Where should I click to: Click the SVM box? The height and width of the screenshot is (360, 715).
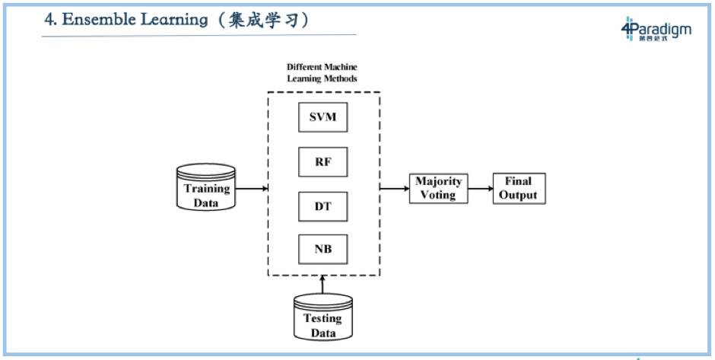[323, 119]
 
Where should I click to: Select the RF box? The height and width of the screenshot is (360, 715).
[323, 161]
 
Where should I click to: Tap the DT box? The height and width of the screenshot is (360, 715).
[323, 205]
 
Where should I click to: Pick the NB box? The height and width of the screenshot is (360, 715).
[323, 248]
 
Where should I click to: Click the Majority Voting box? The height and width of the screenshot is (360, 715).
[438, 188]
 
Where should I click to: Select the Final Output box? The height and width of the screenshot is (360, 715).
[520, 188]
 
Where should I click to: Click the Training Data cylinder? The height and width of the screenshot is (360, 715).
[205, 187]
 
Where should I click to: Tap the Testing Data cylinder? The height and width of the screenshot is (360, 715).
[323, 318]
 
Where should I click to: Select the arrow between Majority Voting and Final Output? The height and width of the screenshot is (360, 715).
[480, 188]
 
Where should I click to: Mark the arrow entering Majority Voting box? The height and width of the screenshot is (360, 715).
[396, 188]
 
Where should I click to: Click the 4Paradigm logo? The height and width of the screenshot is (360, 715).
[656, 30]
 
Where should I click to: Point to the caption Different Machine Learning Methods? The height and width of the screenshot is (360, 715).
[322, 73]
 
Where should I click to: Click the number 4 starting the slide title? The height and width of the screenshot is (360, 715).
[49, 21]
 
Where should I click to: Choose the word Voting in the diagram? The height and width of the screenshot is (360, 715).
[438, 195]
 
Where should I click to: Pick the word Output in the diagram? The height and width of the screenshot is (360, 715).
[520, 195]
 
